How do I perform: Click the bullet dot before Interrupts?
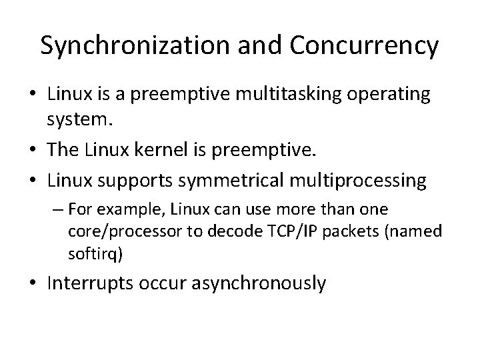(x=34, y=284)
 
